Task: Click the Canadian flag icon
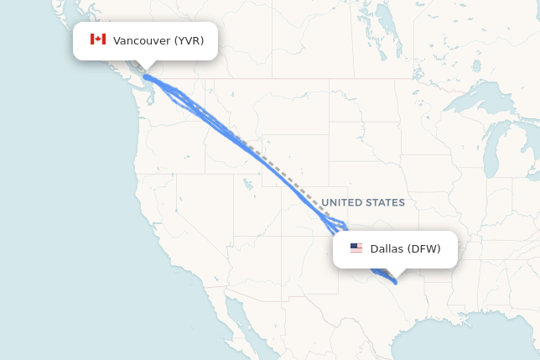point(98,39)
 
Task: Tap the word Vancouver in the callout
point(142,40)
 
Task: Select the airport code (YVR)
point(189,40)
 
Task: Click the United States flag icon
point(356,248)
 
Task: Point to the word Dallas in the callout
point(387,248)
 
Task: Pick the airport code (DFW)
point(423,248)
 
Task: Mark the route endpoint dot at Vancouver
point(147,77)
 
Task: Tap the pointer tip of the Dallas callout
point(395,274)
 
